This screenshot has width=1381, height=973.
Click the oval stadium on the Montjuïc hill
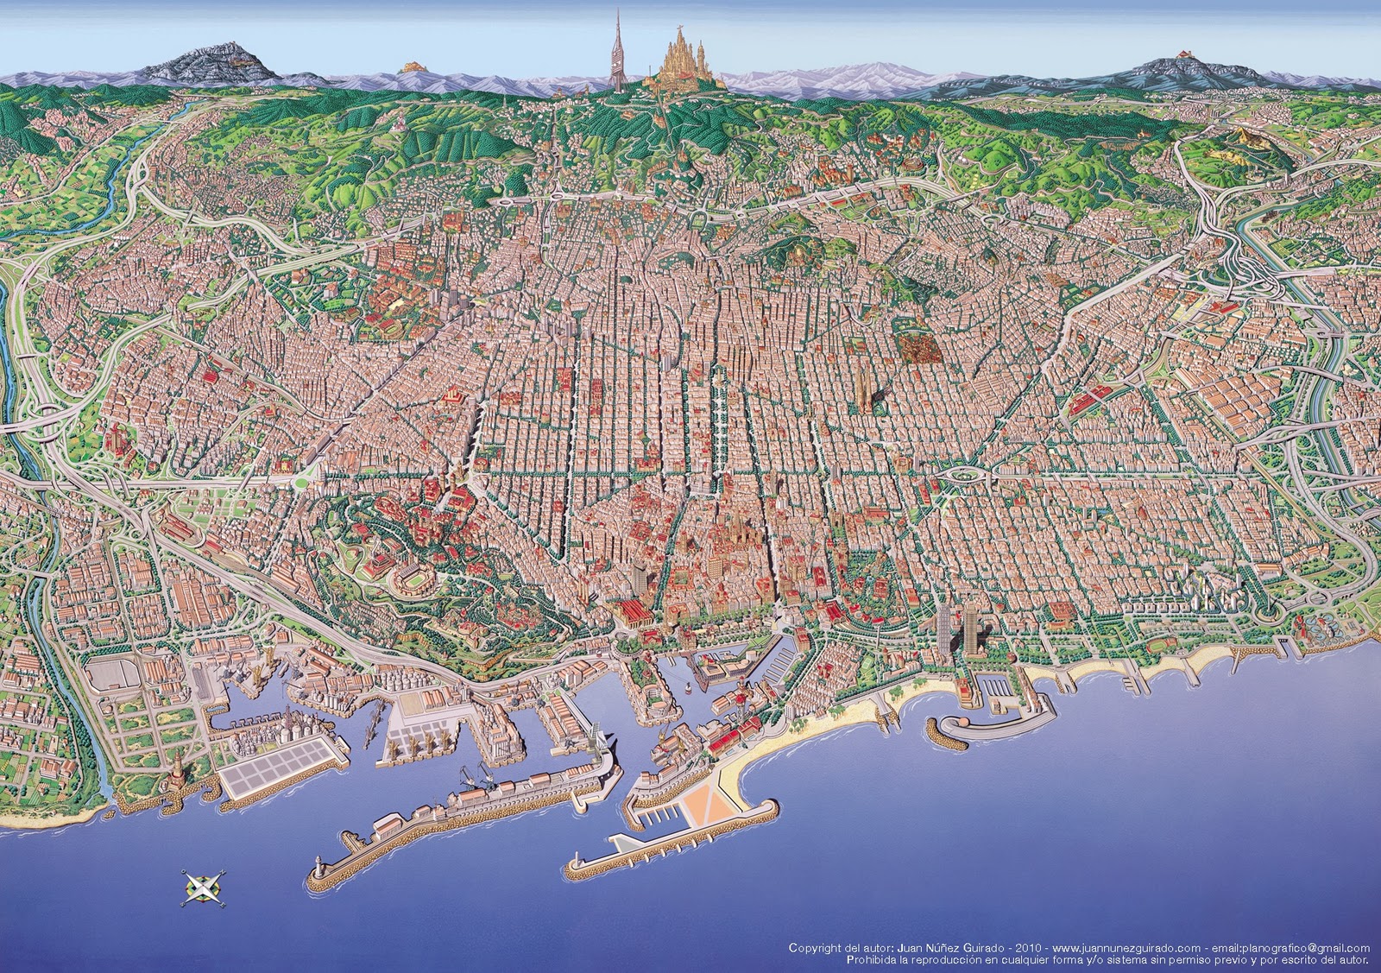coord(411,580)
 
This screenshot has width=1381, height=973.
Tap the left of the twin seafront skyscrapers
coord(947,628)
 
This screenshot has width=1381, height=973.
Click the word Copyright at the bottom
coord(816,948)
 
